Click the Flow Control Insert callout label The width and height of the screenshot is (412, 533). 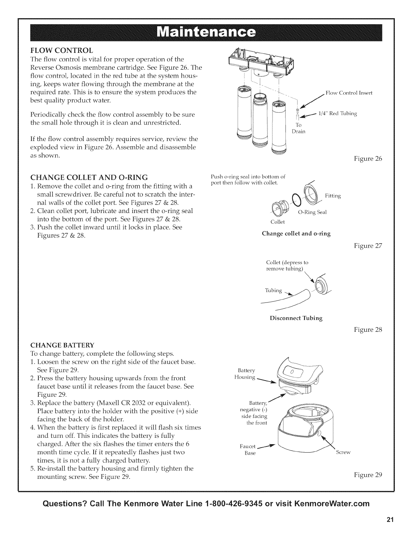click(x=349, y=93)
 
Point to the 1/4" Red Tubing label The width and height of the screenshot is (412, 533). click(x=337, y=114)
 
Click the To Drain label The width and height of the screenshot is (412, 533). click(x=298, y=128)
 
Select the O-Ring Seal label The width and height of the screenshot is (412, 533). click(x=313, y=212)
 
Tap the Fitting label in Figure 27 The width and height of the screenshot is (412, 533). click(x=333, y=196)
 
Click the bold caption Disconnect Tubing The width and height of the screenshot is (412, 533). click(x=296, y=318)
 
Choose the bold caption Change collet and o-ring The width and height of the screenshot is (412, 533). click(x=296, y=234)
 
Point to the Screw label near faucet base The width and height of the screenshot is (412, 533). click(x=343, y=452)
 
